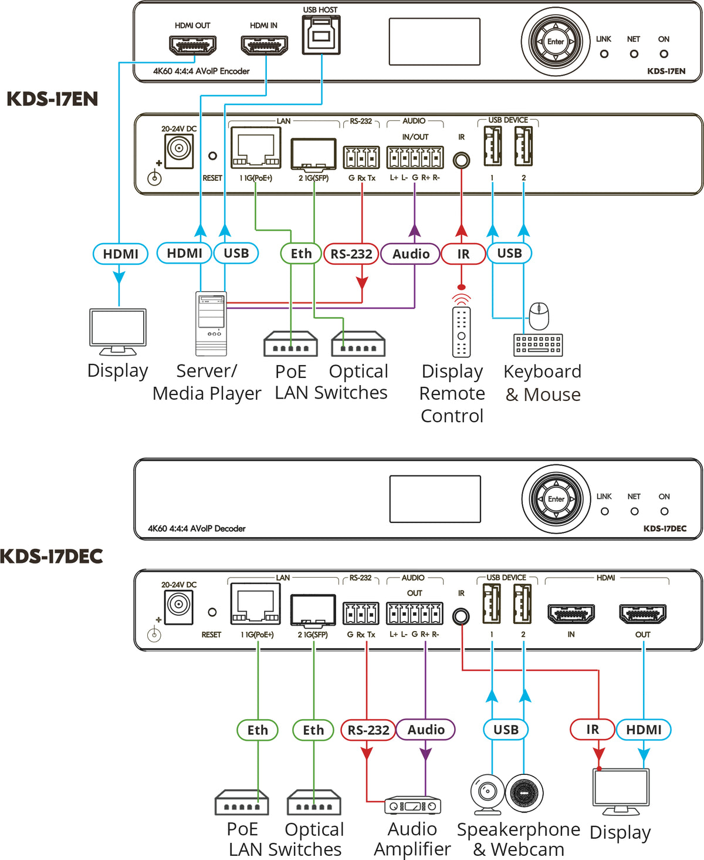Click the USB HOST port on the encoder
(x=321, y=35)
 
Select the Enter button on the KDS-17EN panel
(x=555, y=42)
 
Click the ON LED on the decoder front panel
(x=664, y=511)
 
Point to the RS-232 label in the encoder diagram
(x=351, y=254)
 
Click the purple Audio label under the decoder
(x=426, y=730)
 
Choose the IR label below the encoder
(x=463, y=254)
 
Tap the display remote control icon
(x=461, y=331)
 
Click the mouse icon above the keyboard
(x=539, y=316)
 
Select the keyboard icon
(x=538, y=345)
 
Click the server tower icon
(x=211, y=323)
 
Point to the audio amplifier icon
(x=412, y=805)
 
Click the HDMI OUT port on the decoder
(x=643, y=614)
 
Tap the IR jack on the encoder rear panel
(x=462, y=160)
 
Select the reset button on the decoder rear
(x=212, y=612)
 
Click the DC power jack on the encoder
(x=179, y=148)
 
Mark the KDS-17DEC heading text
(x=52, y=556)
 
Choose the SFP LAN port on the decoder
(x=313, y=611)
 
